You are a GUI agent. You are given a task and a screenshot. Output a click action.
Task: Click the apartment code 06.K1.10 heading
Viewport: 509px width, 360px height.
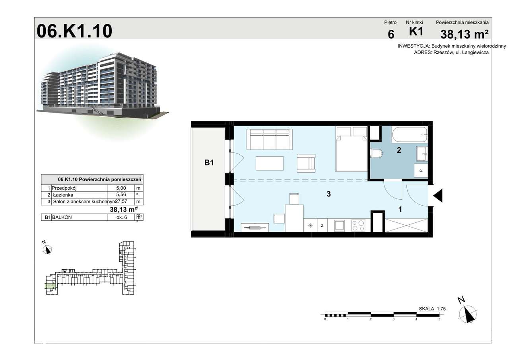coord(74,31)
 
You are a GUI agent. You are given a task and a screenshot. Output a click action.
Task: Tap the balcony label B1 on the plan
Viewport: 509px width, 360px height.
coord(209,162)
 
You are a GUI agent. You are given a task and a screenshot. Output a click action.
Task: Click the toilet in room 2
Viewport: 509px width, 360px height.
coord(376,153)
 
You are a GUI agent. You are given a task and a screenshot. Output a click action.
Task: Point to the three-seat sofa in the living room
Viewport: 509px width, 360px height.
coord(269,139)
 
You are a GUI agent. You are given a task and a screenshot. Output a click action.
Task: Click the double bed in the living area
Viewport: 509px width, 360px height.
coord(351,152)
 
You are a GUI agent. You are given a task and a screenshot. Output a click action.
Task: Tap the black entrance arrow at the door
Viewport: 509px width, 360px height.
coord(437,196)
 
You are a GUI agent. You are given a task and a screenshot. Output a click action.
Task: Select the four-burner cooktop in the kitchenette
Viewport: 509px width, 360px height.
coord(358,226)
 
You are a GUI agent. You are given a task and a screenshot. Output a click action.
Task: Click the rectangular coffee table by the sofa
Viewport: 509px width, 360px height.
coord(270,163)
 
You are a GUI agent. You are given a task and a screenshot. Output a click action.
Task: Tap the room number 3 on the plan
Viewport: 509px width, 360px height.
coord(328,194)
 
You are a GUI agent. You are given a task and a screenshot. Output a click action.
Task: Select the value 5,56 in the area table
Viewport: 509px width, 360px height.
coord(121,195)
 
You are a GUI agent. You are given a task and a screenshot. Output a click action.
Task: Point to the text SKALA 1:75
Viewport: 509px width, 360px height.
coord(433,308)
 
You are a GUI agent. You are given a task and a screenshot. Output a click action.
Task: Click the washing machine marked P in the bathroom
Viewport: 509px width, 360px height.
coord(421,170)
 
